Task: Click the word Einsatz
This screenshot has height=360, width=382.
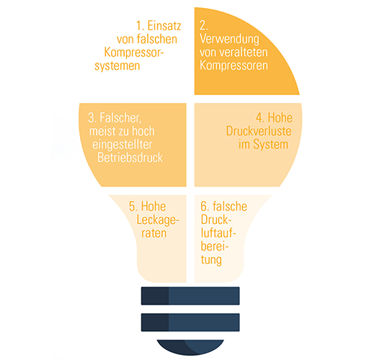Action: [164, 26]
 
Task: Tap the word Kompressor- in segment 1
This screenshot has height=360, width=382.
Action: [134, 53]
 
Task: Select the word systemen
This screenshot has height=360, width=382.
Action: [117, 66]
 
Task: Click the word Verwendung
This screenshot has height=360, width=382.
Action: [229, 39]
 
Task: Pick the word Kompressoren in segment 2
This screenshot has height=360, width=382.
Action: [234, 66]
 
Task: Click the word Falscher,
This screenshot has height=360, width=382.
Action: [120, 118]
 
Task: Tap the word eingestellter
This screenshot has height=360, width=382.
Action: [123, 145]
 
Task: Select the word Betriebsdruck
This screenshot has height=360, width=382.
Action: [130, 158]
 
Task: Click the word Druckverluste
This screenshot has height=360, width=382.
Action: [259, 131]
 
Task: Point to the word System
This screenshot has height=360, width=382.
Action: [271, 145]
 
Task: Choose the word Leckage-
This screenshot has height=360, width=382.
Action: [158, 220]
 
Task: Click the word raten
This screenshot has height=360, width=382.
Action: [154, 233]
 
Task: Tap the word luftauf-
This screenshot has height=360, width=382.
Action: [218, 233]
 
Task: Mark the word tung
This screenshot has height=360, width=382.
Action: [211, 260]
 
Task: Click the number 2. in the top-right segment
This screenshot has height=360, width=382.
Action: [204, 25]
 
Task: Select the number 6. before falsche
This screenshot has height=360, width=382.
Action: [205, 207]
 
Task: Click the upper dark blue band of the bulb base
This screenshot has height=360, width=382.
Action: [190, 296]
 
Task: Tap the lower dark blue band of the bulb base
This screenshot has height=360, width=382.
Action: [190, 323]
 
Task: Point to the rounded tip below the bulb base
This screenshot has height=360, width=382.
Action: [190, 347]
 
